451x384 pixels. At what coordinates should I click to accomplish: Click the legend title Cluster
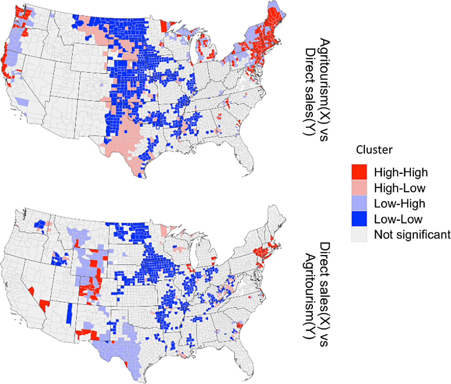tap(374, 150)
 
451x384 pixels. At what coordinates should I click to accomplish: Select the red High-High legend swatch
tap(359, 172)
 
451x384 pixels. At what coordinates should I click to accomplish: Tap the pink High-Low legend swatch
tap(359, 188)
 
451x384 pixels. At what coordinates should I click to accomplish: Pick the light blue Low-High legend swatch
tap(359, 203)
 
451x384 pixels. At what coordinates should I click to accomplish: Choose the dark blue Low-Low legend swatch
tap(359, 219)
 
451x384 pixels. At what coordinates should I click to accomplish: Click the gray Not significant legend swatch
tap(359, 234)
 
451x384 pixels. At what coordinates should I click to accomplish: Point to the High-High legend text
tap(401, 173)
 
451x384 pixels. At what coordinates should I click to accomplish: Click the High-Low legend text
tap(400, 188)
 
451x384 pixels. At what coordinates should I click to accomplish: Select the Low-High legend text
tap(400, 204)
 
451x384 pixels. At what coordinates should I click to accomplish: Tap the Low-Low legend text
tap(398, 219)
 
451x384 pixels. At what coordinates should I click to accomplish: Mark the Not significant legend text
tap(412, 234)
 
